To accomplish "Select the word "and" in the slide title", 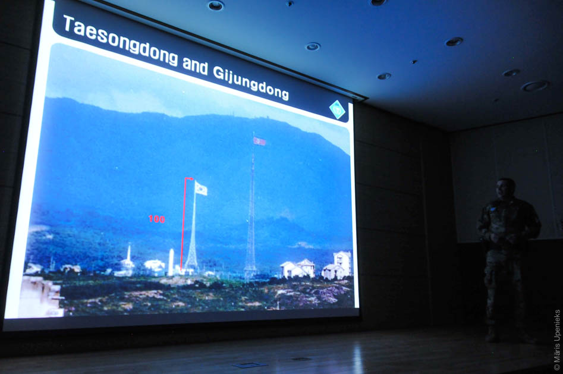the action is [x=195, y=65].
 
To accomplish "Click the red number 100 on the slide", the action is [x=156, y=219].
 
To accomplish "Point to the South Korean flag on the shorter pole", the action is [x=201, y=188].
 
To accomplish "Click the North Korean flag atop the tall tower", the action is [x=259, y=141].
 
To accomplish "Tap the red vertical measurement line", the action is [x=184, y=223].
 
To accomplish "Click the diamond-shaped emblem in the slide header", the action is [x=337, y=110].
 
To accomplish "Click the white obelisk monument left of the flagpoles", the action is [x=171, y=262].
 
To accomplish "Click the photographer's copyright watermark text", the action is [x=557, y=340].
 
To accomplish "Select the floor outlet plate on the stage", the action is [x=250, y=365].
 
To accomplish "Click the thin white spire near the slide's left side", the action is [x=128, y=253].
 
